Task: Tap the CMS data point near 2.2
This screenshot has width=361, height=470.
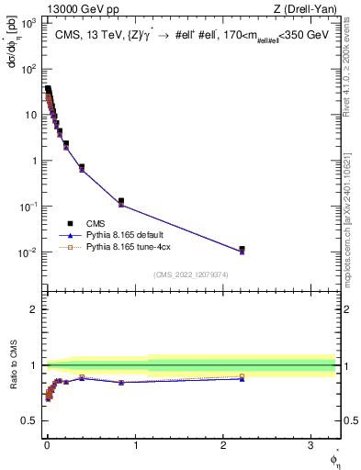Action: [242, 249]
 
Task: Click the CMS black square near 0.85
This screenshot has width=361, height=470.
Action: [121, 201]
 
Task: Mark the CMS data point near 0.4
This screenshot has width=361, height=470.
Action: [82, 167]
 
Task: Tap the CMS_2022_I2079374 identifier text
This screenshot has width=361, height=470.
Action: [190, 274]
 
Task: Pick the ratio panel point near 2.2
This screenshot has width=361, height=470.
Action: [242, 377]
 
